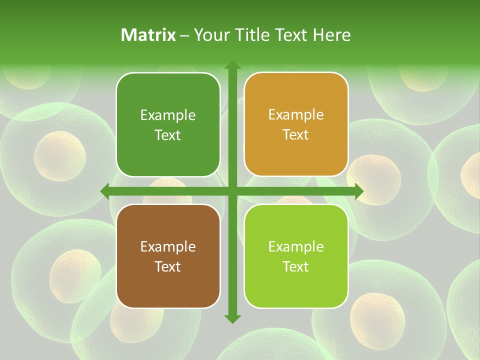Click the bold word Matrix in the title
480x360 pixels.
point(148,35)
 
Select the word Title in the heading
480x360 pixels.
point(250,35)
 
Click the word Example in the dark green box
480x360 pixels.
point(168,115)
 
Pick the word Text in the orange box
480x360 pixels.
point(296,135)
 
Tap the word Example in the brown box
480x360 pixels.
point(168,247)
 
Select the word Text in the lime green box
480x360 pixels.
point(296,266)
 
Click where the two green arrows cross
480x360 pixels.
point(232,191)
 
